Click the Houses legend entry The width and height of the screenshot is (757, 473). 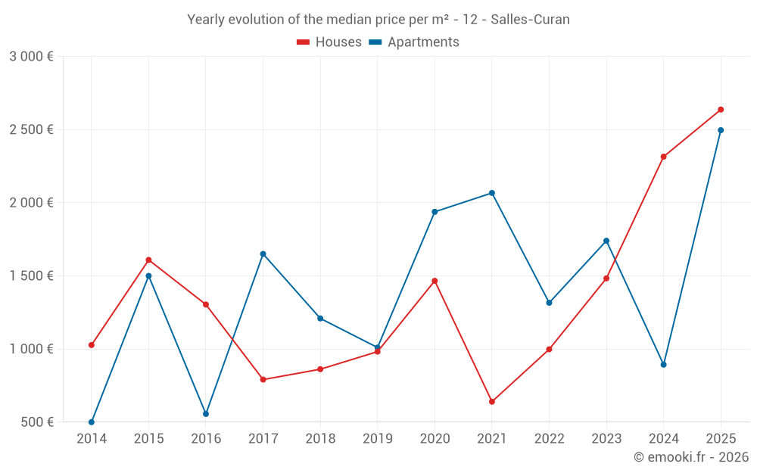(329, 42)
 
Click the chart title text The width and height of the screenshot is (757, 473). (378, 20)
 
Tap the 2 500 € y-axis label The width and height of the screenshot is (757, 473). (31, 129)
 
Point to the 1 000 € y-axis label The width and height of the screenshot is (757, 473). (31, 349)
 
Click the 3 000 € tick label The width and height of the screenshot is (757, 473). (31, 57)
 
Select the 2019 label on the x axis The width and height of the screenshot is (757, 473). (377, 439)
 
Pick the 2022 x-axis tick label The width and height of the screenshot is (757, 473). (549, 439)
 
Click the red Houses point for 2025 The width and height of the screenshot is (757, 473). (721, 110)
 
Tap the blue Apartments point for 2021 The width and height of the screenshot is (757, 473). (492, 193)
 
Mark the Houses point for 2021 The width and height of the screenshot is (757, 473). (492, 402)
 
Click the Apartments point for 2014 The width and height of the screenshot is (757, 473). (92, 422)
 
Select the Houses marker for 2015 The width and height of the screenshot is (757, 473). (148, 260)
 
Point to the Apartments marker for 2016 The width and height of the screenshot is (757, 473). (206, 414)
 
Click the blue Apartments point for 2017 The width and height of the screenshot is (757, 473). (263, 254)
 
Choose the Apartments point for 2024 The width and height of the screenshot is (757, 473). (663, 365)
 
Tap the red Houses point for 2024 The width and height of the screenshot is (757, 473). (663, 157)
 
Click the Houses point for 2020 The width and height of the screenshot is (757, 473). (435, 281)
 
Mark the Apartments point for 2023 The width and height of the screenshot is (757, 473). (606, 241)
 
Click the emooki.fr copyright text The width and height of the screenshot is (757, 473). (690, 457)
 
